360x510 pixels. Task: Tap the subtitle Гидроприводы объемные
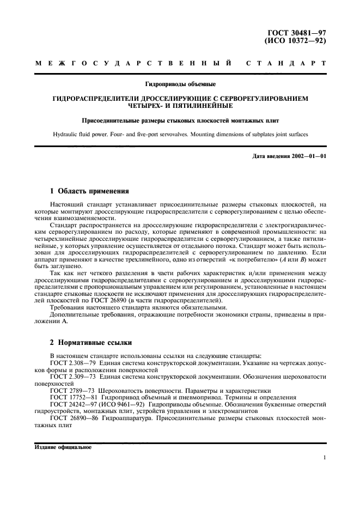(x=180, y=84)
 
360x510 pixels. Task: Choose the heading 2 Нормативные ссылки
(x=89, y=343)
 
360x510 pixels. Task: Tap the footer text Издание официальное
(x=63, y=448)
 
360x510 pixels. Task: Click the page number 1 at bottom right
(x=324, y=458)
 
